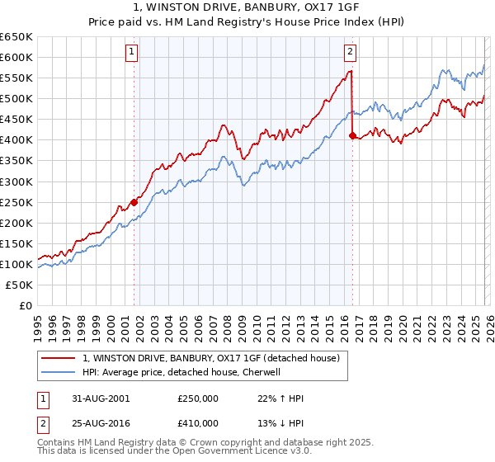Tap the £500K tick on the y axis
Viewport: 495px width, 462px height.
[16, 98]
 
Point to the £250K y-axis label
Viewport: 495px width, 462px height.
[16, 202]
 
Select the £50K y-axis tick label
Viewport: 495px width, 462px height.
[19, 285]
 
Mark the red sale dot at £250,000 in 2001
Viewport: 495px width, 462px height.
[134, 201]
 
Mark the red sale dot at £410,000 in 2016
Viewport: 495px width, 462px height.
[352, 135]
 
